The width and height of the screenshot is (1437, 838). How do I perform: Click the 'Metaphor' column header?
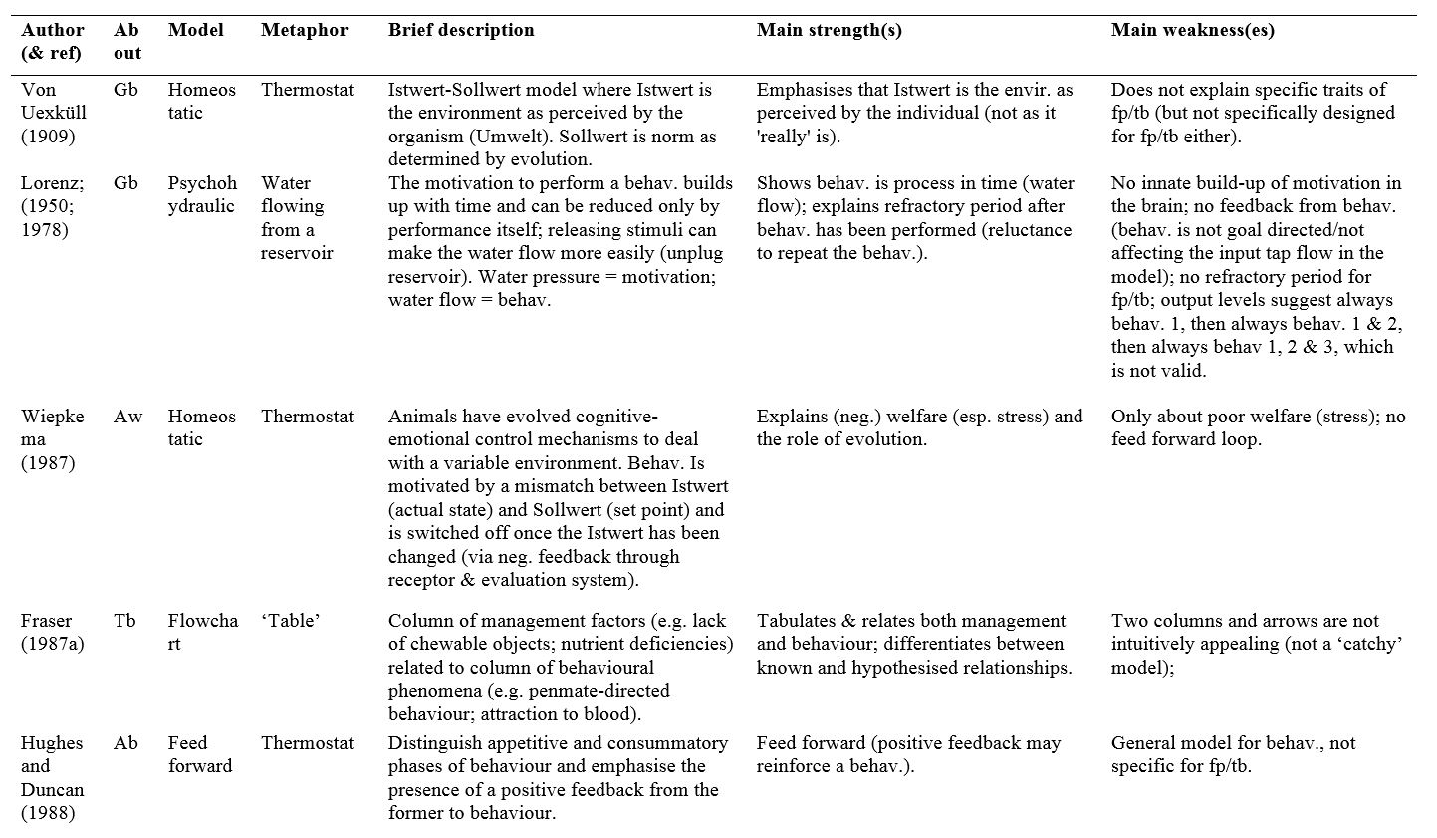(x=304, y=30)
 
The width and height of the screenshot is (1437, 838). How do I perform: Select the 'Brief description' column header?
(x=460, y=30)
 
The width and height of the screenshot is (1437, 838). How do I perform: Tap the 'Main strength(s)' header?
(x=829, y=30)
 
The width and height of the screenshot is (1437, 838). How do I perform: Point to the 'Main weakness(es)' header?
(x=1192, y=30)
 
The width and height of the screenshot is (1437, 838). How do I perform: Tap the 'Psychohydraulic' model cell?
(x=202, y=194)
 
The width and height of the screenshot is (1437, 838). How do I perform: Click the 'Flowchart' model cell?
(x=202, y=632)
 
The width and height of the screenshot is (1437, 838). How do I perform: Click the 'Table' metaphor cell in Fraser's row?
(x=290, y=621)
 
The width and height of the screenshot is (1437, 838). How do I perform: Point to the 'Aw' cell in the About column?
(x=127, y=417)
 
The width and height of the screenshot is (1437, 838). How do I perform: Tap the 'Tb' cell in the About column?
(x=124, y=621)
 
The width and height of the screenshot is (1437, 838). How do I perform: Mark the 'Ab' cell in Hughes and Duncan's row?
(x=125, y=743)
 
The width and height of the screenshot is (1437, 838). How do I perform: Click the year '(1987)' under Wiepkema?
(x=48, y=463)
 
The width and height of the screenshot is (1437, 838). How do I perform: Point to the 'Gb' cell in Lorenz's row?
(x=125, y=183)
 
